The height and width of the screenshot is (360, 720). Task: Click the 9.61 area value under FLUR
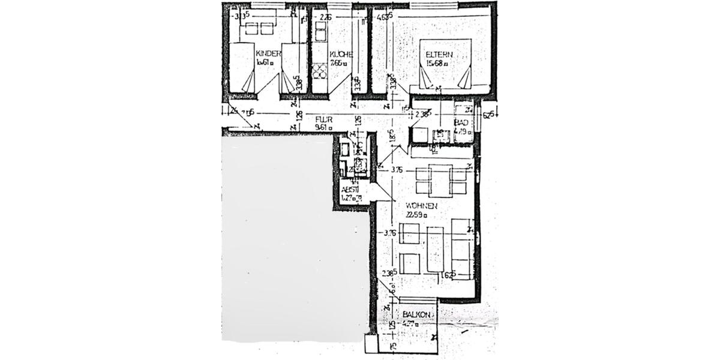click(324, 127)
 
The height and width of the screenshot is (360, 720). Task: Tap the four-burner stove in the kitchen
click(320, 71)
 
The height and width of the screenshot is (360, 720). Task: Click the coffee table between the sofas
click(436, 248)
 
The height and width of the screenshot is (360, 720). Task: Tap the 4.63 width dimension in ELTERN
click(384, 17)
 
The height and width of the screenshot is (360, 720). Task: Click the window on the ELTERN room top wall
click(434, 5)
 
